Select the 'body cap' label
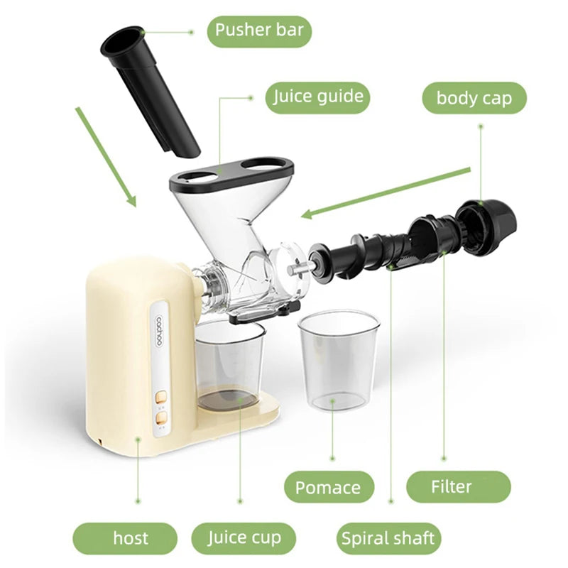pyautogui.click(x=474, y=98)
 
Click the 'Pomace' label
pyautogui.click(x=328, y=487)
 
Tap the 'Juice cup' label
pyautogui.click(x=244, y=538)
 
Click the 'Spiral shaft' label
pyautogui.click(x=388, y=538)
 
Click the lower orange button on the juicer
pyautogui.click(x=162, y=417)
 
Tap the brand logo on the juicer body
pyautogui.click(x=160, y=332)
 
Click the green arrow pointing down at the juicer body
pyautogui.click(x=106, y=157)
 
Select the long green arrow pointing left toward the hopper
pyautogui.click(x=386, y=193)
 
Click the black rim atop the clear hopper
pyautogui.click(x=232, y=174)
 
